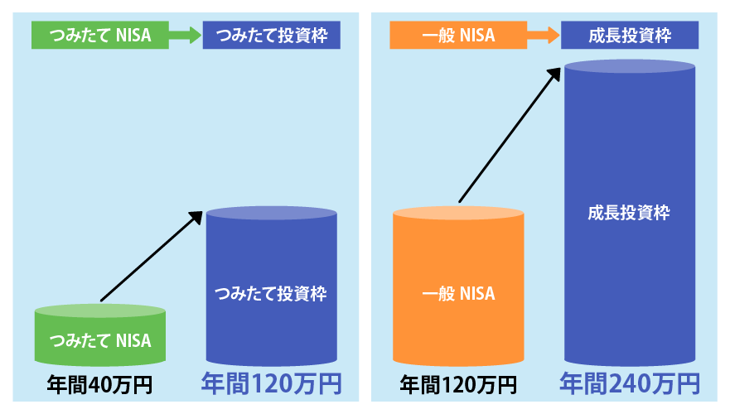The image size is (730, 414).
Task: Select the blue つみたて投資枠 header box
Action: [x=271, y=35]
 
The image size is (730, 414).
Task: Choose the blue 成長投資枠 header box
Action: [x=630, y=35]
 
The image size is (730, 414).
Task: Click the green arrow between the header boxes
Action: [x=185, y=35]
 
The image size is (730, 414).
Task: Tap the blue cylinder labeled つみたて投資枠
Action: [x=272, y=294]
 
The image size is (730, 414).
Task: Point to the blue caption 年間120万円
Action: [x=271, y=383]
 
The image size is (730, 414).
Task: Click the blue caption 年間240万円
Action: [x=630, y=383]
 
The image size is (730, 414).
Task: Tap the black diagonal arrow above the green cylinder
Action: [x=152, y=256]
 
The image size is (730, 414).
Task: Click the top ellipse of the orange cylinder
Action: [x=458, y=213]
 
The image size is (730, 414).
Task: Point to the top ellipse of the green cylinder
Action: [x=100, y=311]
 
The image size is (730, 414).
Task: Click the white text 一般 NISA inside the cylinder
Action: [x=458, y=294]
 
